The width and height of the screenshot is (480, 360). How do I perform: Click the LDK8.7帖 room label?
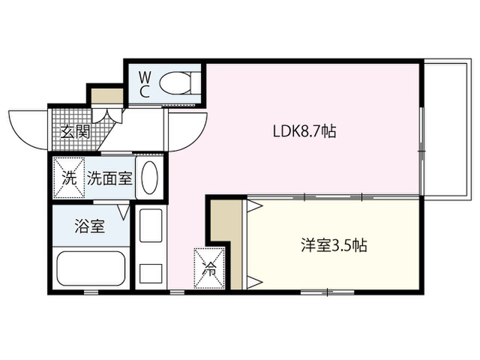pyautogui.click(x=304, y=131)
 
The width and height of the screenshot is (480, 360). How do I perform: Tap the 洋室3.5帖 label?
pyautogui.click(x=334, y=245)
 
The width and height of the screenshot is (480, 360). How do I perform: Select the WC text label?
pyautogui.click(x=145, y=85)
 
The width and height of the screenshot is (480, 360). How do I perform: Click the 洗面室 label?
pyautogui.click(x=109, y=178)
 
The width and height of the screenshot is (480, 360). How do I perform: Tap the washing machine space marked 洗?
pyautogui.click(x=69, y=178)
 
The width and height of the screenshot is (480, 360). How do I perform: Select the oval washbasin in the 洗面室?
pyautogui.click(x=150, y=177)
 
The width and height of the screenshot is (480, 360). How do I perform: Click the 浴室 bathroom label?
pyautogui.click(x=90, y=226)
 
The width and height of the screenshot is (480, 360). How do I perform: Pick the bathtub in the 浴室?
pyautogui.click(x=91, y=268)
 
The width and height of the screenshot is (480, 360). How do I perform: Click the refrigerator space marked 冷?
pyautogui.click(x=209, y=268)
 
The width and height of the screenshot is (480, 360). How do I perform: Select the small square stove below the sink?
pyautogui.click(x=151, y=274)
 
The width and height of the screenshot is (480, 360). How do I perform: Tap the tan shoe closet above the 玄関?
pyautogui.click(x=107, y=97)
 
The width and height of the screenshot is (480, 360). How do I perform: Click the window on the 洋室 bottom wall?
pyautogui.click(x=327, y=292)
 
